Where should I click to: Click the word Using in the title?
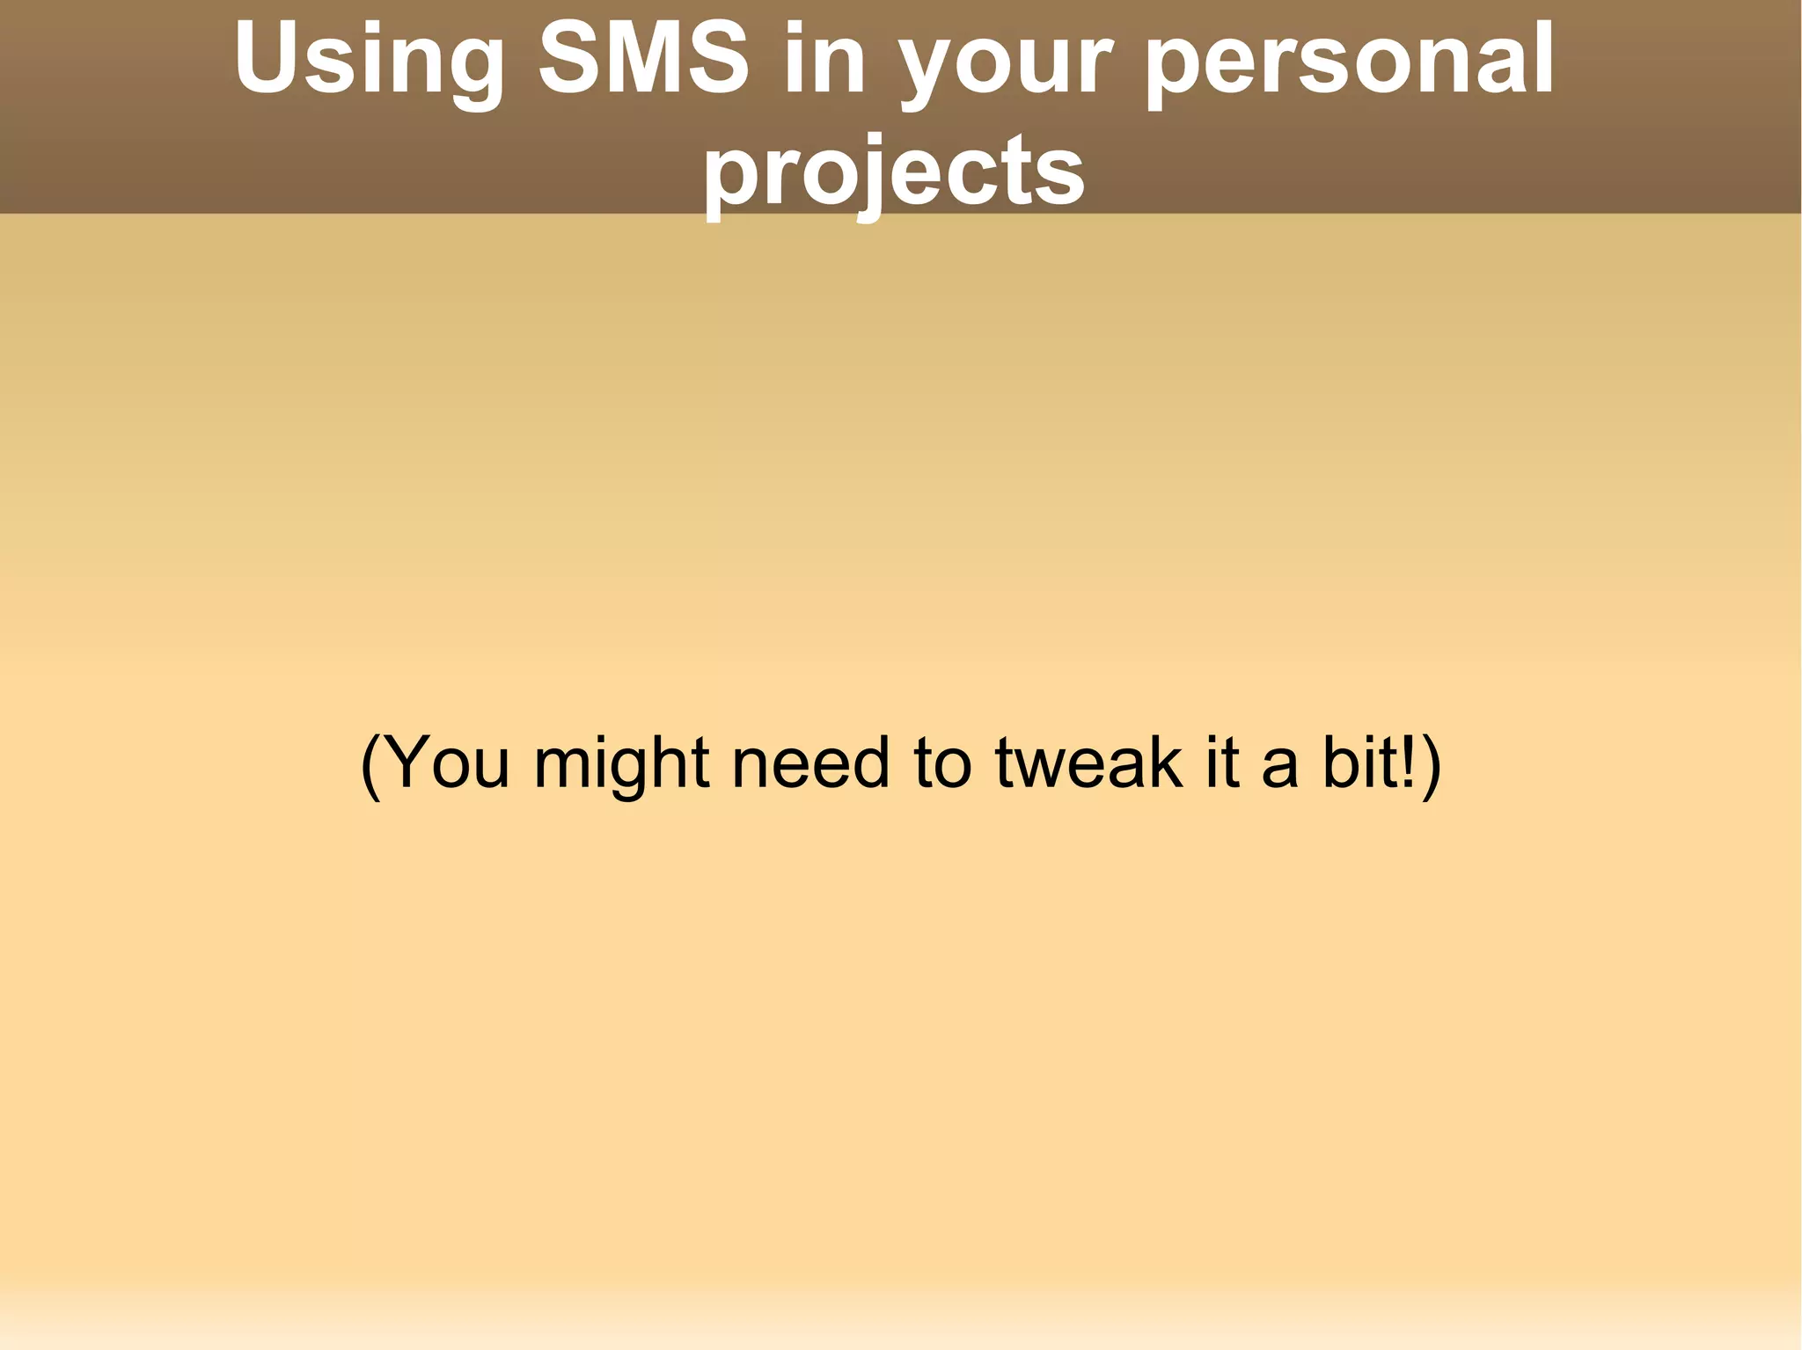coord(369,60)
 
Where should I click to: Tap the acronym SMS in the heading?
coord(643,60)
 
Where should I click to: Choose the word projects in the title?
coord(894,174)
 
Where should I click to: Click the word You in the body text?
coord(447,763)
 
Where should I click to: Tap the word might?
coord(621,763)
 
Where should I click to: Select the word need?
coord(810,763)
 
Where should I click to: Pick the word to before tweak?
coord(942,763)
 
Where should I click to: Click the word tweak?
coord(1088,763)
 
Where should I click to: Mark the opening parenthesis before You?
coord(371,764)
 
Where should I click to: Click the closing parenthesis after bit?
coord(1432,764)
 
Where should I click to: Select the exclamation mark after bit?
coord(1407,763)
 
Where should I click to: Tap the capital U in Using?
coord(267,58)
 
